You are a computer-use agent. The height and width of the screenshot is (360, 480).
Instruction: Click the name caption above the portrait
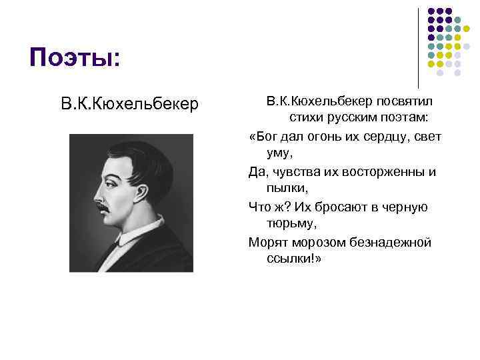129,105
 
